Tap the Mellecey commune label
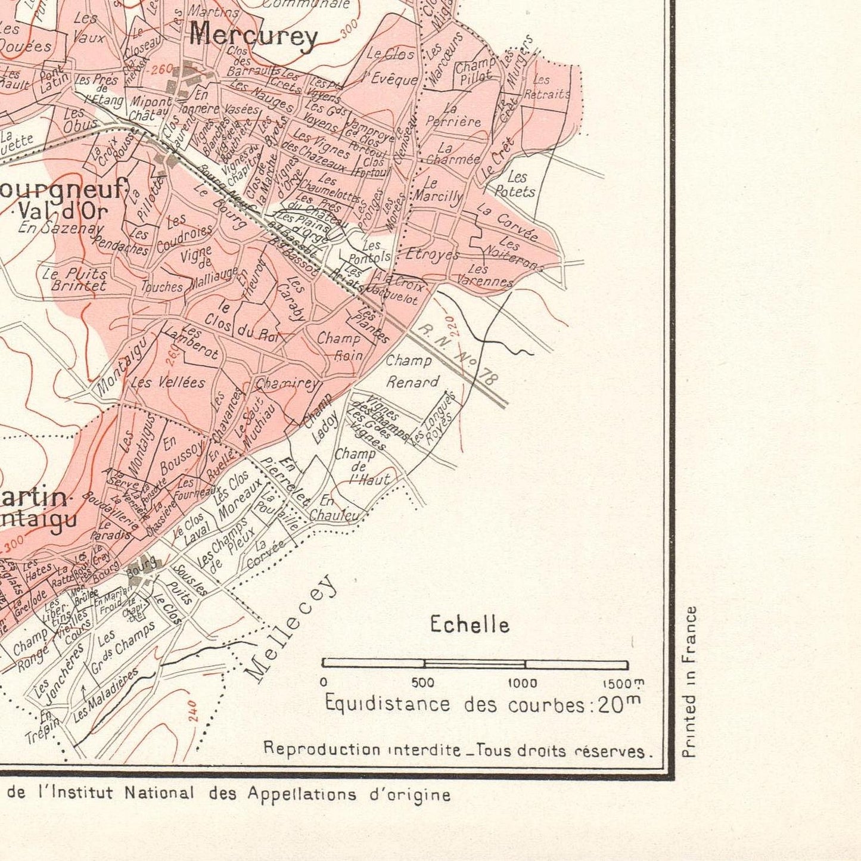292,629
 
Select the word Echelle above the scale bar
470,624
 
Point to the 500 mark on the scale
423,683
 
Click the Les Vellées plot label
167,382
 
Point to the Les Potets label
515,184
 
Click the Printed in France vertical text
689,682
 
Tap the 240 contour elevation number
193,711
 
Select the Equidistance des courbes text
483,704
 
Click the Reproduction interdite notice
457,750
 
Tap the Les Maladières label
105,695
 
